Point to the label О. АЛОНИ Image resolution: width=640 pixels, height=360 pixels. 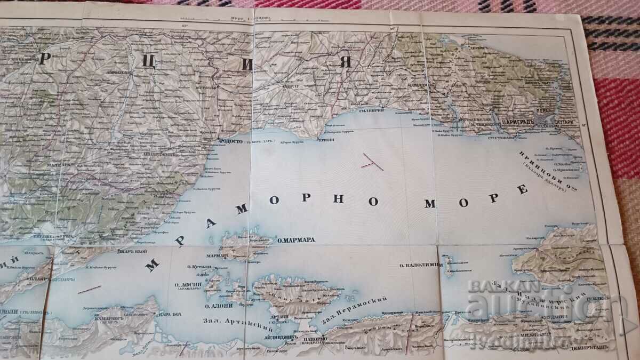coord(217,306)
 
